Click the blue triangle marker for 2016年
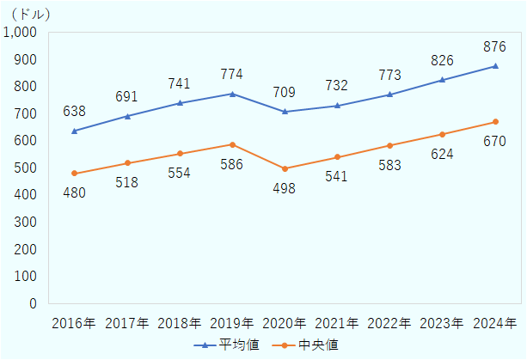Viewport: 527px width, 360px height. [x=75, y=131]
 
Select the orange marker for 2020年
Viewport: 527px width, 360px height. [x=285, y=168]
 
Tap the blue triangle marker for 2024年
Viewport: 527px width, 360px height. [x=495, y=66]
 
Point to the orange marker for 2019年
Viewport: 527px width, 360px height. [x=232, y=144]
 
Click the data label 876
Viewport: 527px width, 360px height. [x=495, y=46]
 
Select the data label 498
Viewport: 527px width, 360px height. [x=285, y=188]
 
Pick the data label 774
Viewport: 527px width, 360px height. [x=232, y=74]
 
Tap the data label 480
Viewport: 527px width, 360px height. [x=75, y=193]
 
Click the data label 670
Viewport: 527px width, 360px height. [x=495, y=141]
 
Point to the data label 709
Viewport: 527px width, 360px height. [x=285, y=91]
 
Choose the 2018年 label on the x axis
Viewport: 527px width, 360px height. [x=180, y=324]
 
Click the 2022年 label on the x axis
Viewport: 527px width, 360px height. [x=389, y=324]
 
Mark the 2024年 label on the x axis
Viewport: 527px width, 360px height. [x=495, y=324]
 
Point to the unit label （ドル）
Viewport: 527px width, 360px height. [x=30, y=14]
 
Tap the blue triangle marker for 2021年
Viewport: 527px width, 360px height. [x=337, y=106]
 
